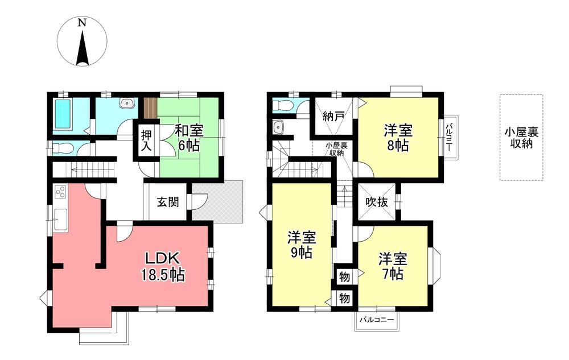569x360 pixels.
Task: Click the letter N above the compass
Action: [83, 23]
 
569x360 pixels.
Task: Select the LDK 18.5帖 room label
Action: [163, 267]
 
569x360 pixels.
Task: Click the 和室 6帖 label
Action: [189, 138]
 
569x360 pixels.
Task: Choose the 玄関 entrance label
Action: [168, 201]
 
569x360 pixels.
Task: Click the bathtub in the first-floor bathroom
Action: [63, 114]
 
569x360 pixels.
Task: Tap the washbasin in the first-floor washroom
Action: [127, 104]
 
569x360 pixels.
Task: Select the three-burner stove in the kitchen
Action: [60, 192]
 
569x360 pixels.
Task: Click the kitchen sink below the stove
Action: [60, 220]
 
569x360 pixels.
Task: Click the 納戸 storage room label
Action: [333, 117]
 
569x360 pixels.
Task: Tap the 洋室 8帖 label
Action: [398, 138]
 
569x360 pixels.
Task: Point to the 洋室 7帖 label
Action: [393, 267]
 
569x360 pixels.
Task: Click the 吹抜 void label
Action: [377, 202]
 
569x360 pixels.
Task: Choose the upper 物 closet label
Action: [344, 277]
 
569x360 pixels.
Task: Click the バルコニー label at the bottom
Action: [377, 320]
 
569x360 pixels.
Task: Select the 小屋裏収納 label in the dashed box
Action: [521, 138]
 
